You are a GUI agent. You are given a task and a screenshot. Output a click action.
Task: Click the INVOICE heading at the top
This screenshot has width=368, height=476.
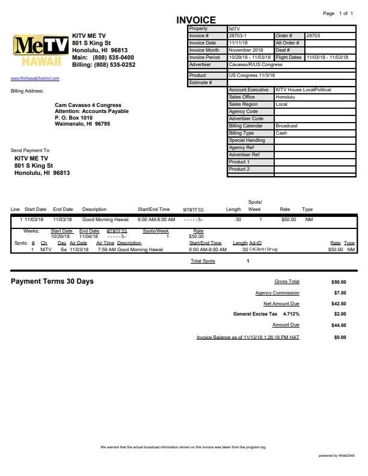(x=195, y=21)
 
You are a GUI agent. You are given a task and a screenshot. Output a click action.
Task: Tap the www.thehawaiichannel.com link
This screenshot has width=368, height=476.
(x=35, y=78)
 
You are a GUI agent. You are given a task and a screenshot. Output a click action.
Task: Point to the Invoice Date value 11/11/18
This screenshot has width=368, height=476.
(x=236, y=43)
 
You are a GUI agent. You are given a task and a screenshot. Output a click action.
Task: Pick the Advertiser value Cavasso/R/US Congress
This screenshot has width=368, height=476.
(x=256, y=64)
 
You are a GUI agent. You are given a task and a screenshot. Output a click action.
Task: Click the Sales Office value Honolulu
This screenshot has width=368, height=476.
(x=285, y=97)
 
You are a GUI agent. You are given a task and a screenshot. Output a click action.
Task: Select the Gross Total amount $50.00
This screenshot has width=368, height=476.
(x=339, y=281)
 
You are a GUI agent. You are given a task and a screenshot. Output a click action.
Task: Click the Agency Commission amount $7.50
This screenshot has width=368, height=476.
(x=339, y=293)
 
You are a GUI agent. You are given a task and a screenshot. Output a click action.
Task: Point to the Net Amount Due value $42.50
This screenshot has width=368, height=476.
(x=339, y=304)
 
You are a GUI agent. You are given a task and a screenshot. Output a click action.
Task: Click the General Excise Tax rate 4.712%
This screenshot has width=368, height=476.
(x=291, y=314)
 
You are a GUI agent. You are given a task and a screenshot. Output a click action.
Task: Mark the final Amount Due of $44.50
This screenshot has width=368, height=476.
(x=339, y=325)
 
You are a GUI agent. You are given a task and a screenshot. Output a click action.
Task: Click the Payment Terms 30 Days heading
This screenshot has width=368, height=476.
(x=52, y=281)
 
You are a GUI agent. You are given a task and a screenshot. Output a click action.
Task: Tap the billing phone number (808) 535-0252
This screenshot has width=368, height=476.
(x=114, y=64)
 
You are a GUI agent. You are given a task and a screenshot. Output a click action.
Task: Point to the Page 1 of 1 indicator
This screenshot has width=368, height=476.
(x=338, y=13)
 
